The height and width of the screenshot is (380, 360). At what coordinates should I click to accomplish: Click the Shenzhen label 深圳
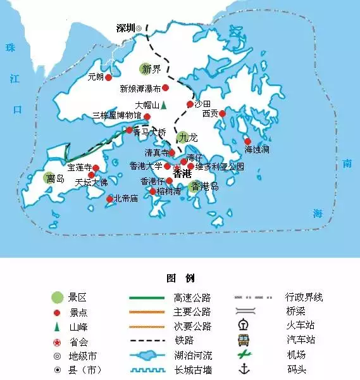tap(126, 28)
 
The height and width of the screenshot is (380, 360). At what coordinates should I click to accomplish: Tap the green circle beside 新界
tap(146, 69)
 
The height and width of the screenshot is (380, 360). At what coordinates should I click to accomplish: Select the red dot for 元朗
tap(108, 77)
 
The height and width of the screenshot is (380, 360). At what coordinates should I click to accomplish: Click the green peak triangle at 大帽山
tap(163, 104)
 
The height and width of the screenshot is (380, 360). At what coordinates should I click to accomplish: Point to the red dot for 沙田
tap(189, 104)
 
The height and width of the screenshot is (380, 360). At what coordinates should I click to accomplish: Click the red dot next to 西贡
tap(222, 114)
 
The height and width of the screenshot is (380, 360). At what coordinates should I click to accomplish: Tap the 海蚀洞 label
tap(257, 149)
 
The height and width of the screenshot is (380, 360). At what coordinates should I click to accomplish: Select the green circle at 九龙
tap(183, 137)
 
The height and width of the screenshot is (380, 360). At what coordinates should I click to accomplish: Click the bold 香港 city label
tap(182, 173)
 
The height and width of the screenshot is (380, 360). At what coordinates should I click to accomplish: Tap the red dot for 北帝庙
tap(109, 199)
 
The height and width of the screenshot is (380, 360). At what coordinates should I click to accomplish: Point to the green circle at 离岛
tap(50, 179)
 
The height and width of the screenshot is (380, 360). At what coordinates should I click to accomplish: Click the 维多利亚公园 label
tap(220, 167)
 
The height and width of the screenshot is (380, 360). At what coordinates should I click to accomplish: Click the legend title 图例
tap(180, 278)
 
